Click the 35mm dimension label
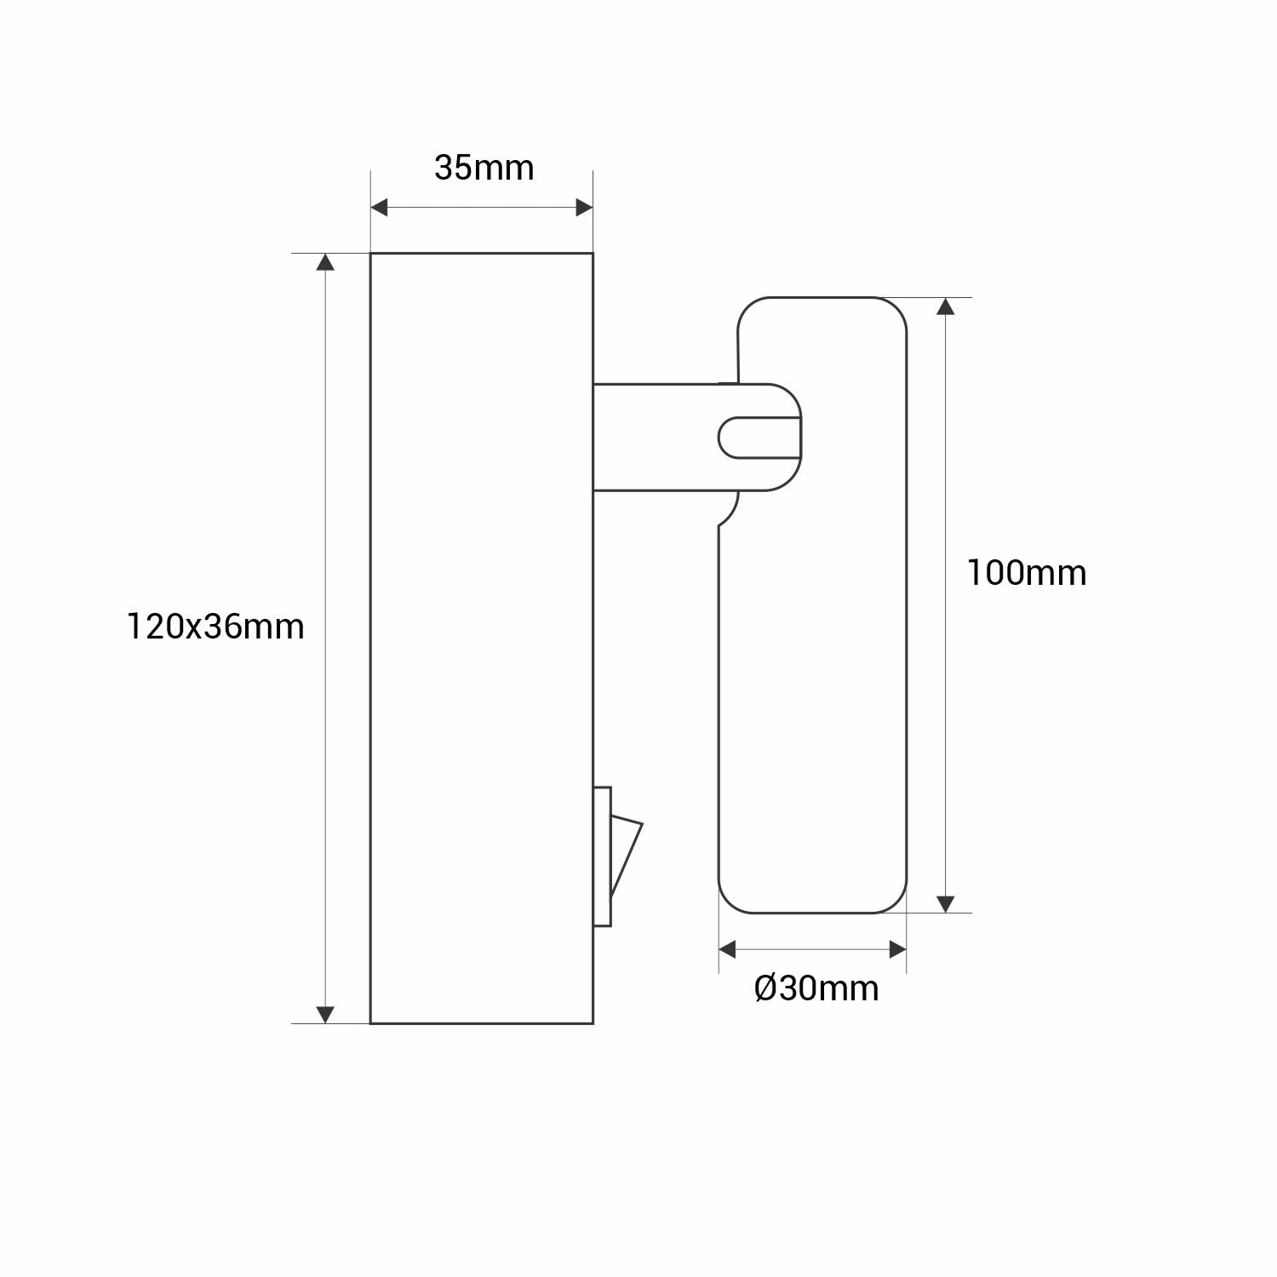tap(484, 168)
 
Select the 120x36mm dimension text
tap(215, 627)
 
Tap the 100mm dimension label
tap(1026, 573)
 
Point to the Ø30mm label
tap(816, 988)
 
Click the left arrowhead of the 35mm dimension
tap(379, 207)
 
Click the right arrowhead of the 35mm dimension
tap(584, 207)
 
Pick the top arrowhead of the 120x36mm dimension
tap(324, 261)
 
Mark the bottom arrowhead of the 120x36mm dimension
tap(324, 1014)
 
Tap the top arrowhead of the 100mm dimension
tap(945, 306)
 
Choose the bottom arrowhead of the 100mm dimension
tap(945, 904)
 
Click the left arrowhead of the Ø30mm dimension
tap(727, 948)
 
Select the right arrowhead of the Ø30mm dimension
tap(897, 948)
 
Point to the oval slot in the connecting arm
tap(758, 437)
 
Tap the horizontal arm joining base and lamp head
tap(656, 437)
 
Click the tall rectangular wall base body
tap(481, 638)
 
